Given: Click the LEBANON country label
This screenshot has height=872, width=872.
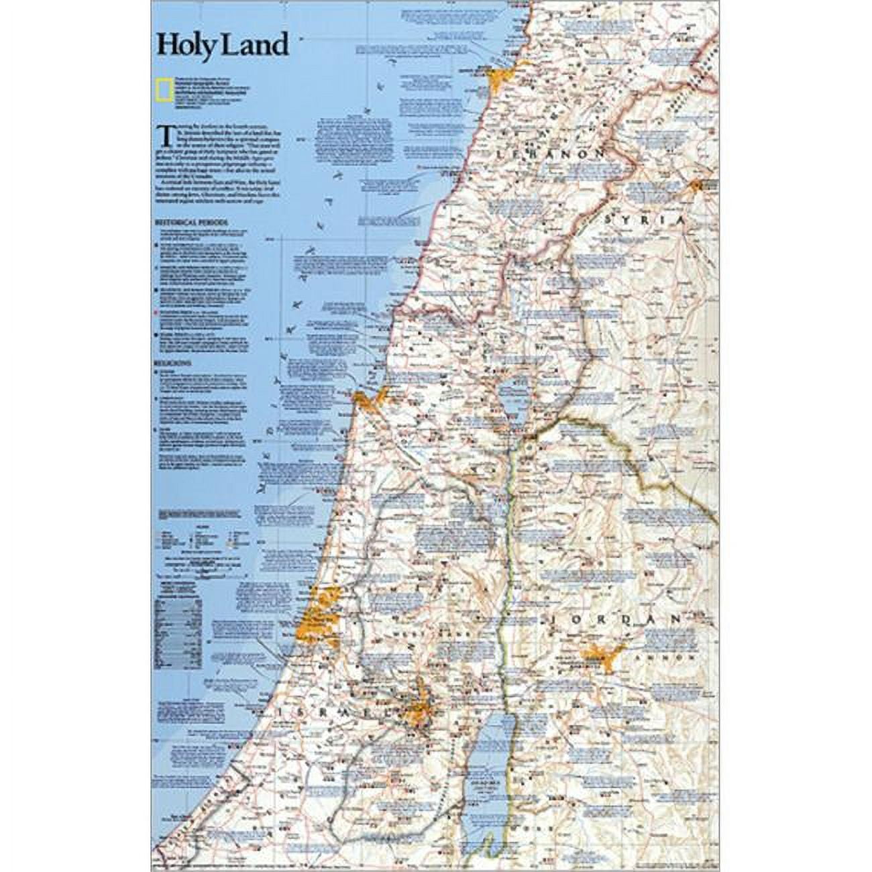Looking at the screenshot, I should pyautogui.click(x=549, y=154).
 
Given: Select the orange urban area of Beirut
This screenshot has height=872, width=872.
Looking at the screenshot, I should pyautogui.click(x=502, y=76).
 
